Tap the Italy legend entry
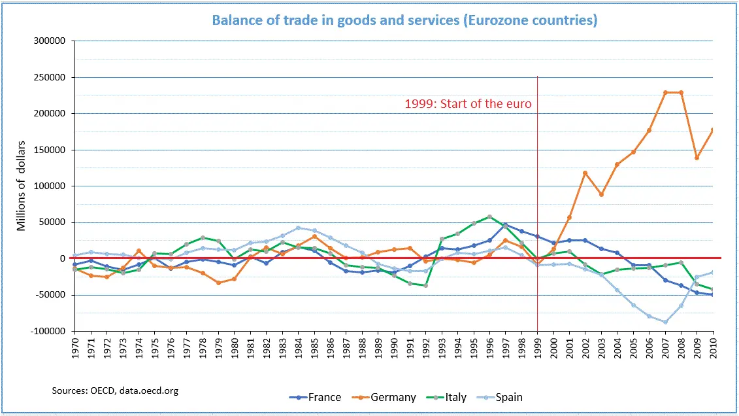[448, 397]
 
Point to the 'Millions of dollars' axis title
[22, 185]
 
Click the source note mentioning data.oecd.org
[115, 390]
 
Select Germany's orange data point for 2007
[665, 92]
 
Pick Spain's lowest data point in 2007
[665, 322]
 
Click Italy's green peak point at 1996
[489, 217]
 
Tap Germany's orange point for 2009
[697, 158]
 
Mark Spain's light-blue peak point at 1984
[298, 228]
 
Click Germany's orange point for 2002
[585, 173]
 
